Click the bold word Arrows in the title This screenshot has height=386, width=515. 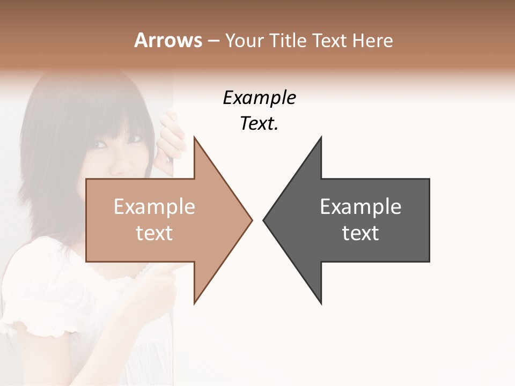click(x=167, y=40)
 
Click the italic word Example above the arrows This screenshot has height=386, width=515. click(x=259, y=98)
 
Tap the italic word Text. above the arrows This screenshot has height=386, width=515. click(x=259, y=123)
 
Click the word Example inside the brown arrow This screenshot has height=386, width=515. click(x=154, y=206)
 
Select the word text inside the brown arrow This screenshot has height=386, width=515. click(x=154, y=233)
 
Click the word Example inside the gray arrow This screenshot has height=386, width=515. click(x=360, y=206)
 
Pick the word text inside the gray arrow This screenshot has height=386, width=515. click(x=360, y=233)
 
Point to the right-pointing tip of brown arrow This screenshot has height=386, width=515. click(x=251, y=219)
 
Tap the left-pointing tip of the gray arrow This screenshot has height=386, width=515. click(x=264, y=219)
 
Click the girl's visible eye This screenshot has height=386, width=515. click(x=101, y=144)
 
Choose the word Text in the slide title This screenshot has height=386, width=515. click(x=329, y=40)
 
